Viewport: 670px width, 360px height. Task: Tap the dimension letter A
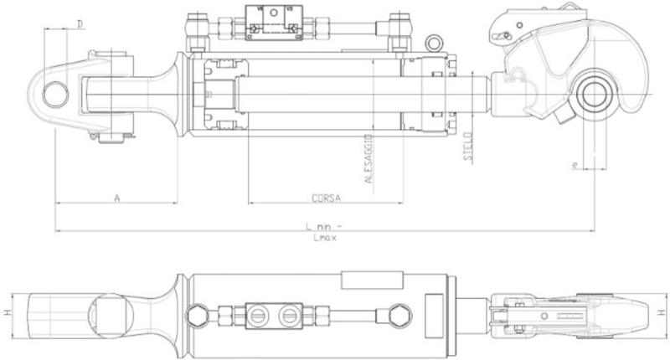pos(117,197)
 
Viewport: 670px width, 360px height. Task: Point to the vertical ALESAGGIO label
pos(368,157)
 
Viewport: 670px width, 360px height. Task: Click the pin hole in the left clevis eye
pos(55,91)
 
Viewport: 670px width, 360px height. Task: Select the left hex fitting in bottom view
pos(198,315)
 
